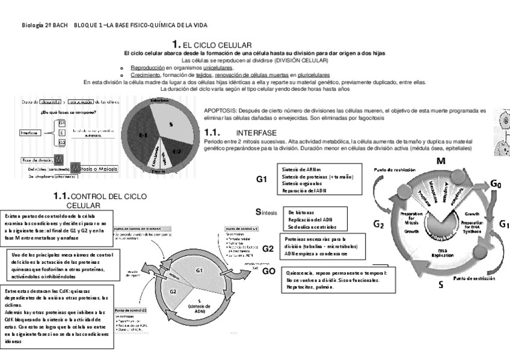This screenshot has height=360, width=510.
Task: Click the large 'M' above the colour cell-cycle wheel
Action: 440,162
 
